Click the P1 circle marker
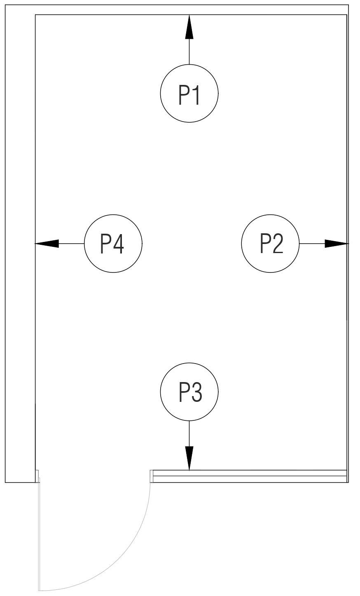click(x=189, y=94)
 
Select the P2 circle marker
click(x=270, y=244)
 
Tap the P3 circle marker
click(x=189, y=392)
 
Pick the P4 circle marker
click(x=113, y=244)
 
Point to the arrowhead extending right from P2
click(x=336, y=244)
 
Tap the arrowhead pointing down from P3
click(x=189, y=458)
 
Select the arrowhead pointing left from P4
click(x=47, y=244)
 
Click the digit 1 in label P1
click(x=196, y=94)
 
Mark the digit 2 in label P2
click(x=278, y=243)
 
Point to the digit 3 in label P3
click(x=196, y=392)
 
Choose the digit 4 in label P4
click(x=118, y=244)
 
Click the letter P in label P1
click(x=183, y=94)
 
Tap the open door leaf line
click(x=39, y=536)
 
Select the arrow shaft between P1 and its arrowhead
click(x=189, y=52)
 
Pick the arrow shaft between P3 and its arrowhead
click(x=189, y=433)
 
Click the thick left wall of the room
click(x=20, y=247)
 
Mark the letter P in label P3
click(x=183, y=392)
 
